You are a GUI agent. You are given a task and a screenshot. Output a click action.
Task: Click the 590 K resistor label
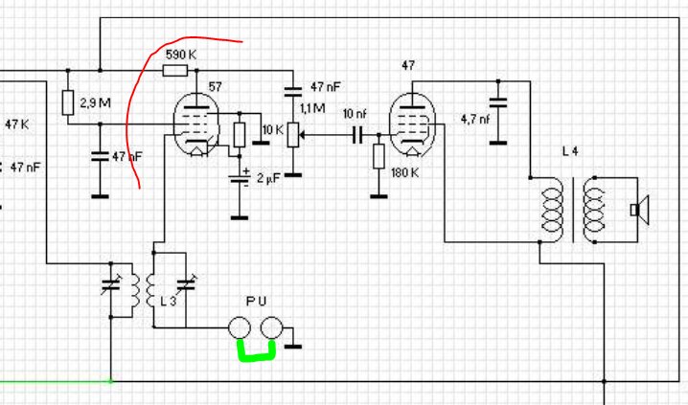[181, 55]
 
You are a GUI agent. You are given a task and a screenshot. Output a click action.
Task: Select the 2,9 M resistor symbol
[68, 102]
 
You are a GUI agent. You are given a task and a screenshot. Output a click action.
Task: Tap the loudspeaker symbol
[640, 210]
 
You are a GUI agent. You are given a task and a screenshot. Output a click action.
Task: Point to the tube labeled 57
[196, 124]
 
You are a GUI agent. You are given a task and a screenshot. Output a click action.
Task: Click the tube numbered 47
[412, 124]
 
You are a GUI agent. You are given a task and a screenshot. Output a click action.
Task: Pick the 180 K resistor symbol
[378, 156]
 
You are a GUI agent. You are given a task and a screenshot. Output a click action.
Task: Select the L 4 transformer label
[570, 151]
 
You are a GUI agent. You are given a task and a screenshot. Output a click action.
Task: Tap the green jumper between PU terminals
[256, 350]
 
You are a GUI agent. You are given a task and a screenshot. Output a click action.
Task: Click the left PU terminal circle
[240, 327]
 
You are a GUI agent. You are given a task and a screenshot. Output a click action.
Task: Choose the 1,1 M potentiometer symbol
[293, 135]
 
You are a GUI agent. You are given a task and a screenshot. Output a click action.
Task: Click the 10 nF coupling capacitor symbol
[357, 135]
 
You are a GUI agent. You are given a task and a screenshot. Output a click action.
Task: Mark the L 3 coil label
[168, 302]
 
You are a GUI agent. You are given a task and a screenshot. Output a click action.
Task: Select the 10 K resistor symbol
[240, 135]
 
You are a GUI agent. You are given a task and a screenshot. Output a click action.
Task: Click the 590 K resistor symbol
[175, 70]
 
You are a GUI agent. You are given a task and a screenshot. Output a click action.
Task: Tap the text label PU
[256, 302]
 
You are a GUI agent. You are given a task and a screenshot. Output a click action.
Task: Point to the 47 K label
[16, 124]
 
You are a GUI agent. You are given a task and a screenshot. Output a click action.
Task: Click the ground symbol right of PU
[293, 347]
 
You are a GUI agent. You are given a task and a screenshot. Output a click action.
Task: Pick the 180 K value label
[404, 173]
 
